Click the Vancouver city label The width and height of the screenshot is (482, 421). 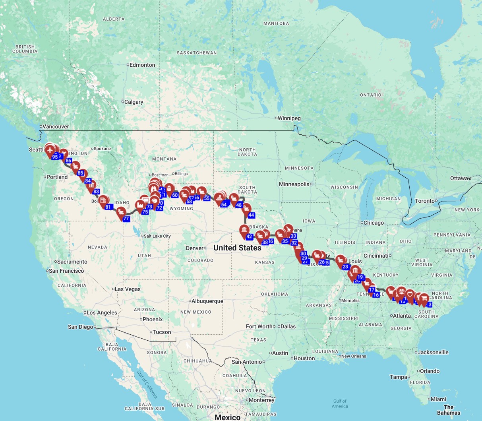pos(56,126)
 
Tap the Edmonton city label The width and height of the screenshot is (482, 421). pos(142,65)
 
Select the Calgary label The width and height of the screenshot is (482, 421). pos(134,102)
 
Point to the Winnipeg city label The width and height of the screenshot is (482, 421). pos(289,118)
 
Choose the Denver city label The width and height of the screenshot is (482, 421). pos(195,248)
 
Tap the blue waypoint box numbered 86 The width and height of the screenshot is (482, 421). pos(69,161)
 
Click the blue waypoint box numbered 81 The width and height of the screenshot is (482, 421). pos(108,207)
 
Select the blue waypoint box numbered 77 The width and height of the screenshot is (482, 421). pos(126,219)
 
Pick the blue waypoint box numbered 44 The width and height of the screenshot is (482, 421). pos(251,215)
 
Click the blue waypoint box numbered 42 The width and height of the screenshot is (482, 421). pos(249,237)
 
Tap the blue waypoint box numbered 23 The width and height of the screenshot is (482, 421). pos(345,267)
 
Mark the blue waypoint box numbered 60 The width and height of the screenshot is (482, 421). pos(175,195)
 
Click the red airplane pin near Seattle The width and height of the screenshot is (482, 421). pos(50,150)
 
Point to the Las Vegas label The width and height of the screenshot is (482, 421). pos(128,289)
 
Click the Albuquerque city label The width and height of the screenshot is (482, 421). pos(207,301)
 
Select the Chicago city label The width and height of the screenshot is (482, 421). pos(374,223)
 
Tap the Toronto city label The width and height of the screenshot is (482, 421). pos(425,201)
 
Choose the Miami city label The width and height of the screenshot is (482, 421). pos(438,399)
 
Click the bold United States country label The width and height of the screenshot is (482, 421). pos(237,248)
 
